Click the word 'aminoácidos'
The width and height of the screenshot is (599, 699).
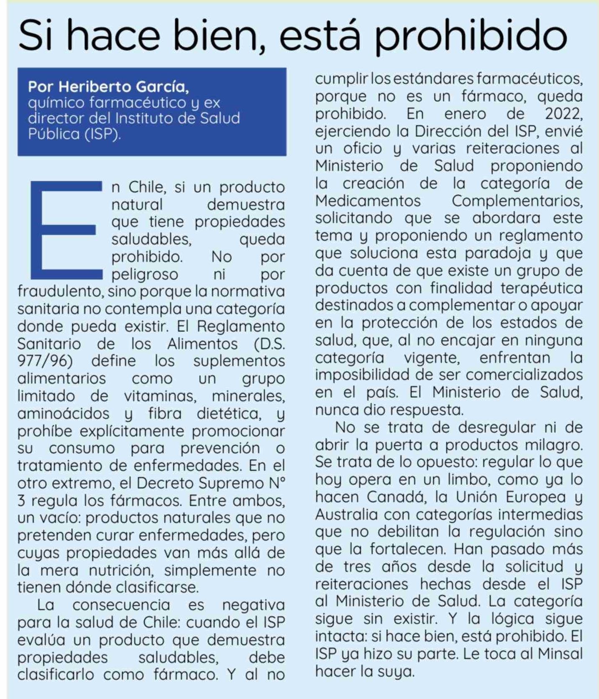(63, 413)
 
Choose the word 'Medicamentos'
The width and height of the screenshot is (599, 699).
(368, 201)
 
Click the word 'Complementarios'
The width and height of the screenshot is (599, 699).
(517, 201)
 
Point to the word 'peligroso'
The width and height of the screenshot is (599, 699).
(145, 274)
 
